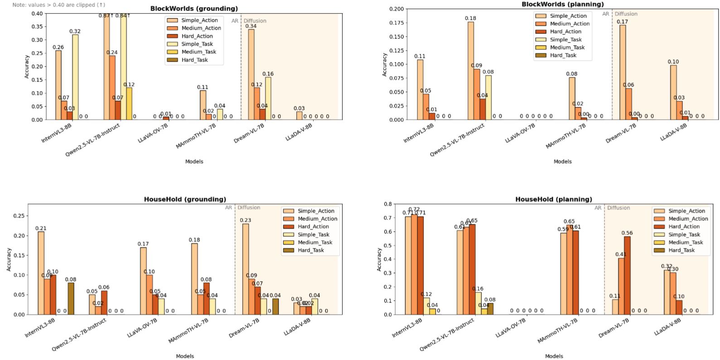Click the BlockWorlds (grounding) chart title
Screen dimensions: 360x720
[194, 9]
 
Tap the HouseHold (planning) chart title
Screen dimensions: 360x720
[553, 199]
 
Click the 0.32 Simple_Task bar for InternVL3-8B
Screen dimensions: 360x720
[75, 77]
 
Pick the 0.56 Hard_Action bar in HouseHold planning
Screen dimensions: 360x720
[627, 276]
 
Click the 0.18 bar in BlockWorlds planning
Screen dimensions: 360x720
[471, 71]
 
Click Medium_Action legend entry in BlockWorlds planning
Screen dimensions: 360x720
[570, 24]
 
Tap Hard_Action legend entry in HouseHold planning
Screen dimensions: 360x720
[684, 226]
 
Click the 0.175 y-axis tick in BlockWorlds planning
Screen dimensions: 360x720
[396, 23]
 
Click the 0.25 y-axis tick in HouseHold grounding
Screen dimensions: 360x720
[19, 216]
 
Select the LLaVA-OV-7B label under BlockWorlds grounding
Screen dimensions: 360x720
[153, 133]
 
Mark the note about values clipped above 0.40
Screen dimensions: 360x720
[59, 5]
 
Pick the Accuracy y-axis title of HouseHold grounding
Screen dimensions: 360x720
[9, 259]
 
